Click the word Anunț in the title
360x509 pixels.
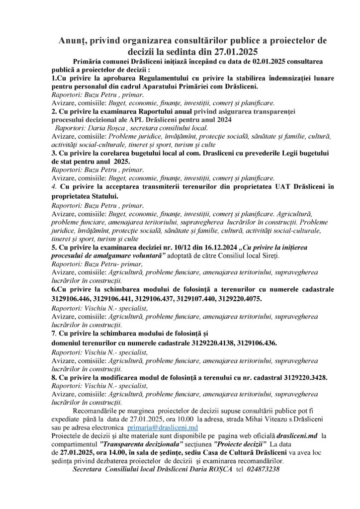click(73, 40)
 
